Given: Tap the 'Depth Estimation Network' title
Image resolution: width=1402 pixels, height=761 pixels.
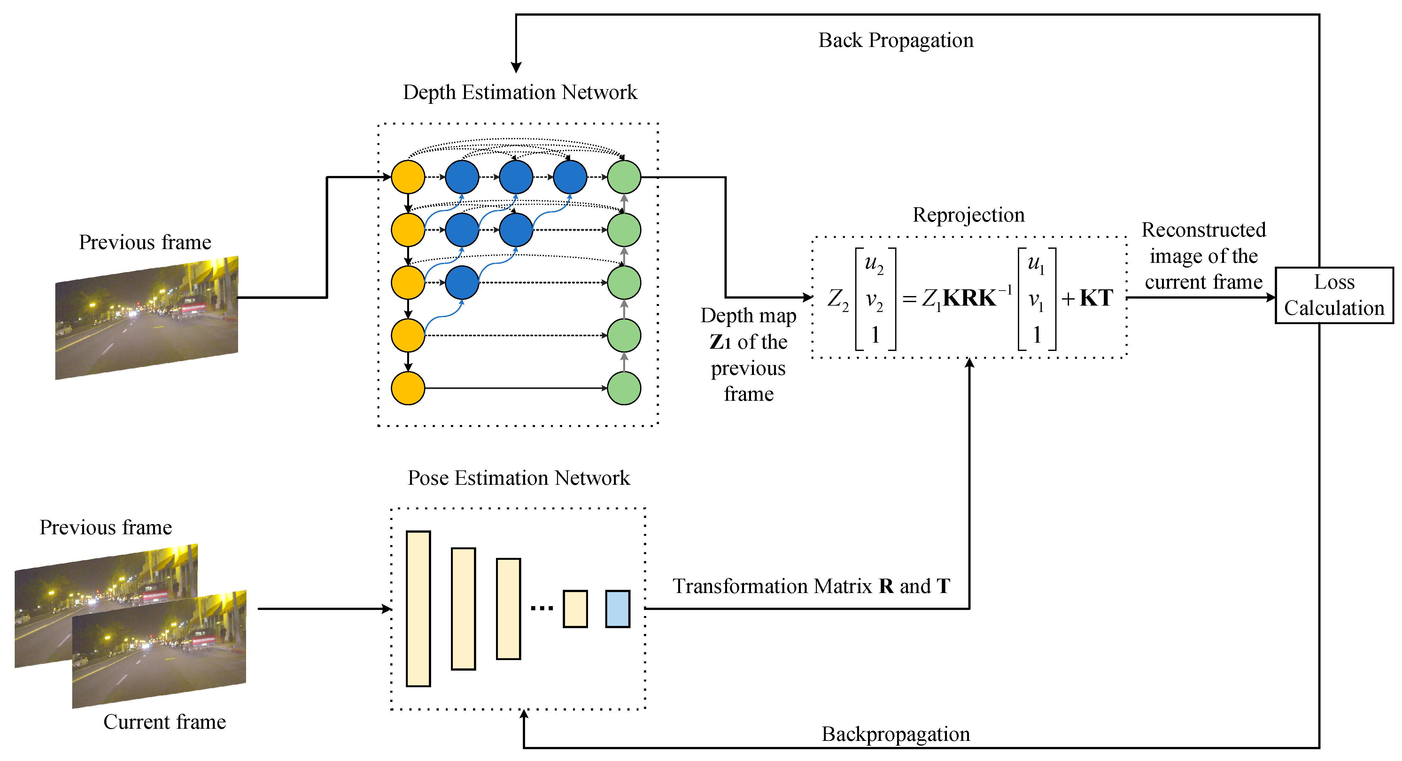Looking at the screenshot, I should pyautogui.click(x=520, y=93).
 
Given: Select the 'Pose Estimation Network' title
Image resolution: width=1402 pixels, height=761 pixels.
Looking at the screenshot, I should pyautogui.click(x=519, y=478).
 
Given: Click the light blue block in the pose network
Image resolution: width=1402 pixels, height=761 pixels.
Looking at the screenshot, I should pyautogui.click(x=618, y=609).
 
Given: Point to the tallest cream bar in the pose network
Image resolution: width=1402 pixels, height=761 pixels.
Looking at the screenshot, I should pyautogui.click(x=418, y=609).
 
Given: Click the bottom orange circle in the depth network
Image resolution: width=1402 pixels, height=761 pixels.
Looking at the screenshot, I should pyautogui.click(x=408, y=388).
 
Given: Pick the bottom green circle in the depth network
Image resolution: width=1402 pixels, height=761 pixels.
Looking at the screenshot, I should pyautogui.click(x=624, y=388).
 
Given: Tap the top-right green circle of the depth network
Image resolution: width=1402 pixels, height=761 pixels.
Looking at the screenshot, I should pyautogui.click(x=624, y=177).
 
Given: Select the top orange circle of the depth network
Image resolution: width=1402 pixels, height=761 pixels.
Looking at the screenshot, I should pyautogui.click(x=408, y=177).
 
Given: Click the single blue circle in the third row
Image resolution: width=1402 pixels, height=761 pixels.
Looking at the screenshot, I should pyautogui.click(x=461, y=282).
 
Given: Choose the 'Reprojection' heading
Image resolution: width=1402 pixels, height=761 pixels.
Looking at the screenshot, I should pyautogui.click(x=968, y=215).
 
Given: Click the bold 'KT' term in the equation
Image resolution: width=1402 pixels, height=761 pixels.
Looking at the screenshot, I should pyautogui.click(x=1096, y=298).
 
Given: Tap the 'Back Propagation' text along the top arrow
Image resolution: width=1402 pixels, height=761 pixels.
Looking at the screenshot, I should pyautogui.click(x=896, y=40).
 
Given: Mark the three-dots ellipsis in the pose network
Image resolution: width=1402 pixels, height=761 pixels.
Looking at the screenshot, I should pyautogui.click(x=542, y=609).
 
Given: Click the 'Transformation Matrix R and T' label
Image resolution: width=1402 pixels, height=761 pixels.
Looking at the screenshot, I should pyautogui.click(x=811, y=586).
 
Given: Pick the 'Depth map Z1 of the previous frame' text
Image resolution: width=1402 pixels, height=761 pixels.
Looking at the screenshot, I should pyautogui.click(x=748, y=355).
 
